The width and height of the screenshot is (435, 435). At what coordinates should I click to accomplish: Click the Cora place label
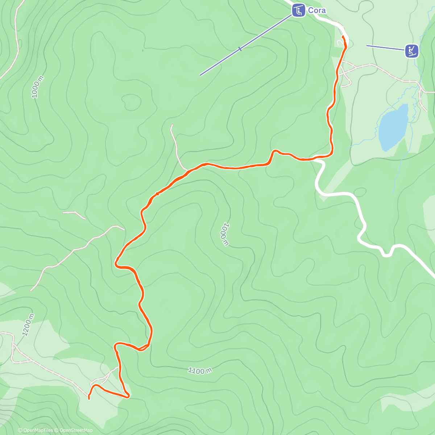point(316,10)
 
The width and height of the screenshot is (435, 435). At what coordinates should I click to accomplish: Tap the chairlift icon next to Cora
point(298,10)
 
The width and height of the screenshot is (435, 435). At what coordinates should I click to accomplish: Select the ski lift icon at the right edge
point(411,51)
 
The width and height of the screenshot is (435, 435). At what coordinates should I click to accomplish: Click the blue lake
point(393,127)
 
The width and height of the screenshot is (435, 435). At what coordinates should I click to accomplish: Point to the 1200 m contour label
point(28,324)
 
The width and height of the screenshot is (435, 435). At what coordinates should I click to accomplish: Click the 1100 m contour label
point(200,370)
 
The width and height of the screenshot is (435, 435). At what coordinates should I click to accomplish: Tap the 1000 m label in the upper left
point(37,87)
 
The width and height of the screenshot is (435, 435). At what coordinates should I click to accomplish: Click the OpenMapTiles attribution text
point(36,430)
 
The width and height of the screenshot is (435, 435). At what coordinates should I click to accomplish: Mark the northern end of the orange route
point(343,37)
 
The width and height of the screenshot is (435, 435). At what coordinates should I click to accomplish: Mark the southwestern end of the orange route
point(89,398)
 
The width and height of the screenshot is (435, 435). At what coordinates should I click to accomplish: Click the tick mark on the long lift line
point(240,49)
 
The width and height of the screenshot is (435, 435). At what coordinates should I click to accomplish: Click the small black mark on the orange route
point(157,194)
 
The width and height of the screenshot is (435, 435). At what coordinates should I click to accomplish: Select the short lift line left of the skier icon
point(385,48)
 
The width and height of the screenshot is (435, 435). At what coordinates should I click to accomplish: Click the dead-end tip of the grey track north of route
point(171,125)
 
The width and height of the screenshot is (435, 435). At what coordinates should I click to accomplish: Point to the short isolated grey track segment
point(74,215)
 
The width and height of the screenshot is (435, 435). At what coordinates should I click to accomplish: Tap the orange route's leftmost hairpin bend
point(116,263)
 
